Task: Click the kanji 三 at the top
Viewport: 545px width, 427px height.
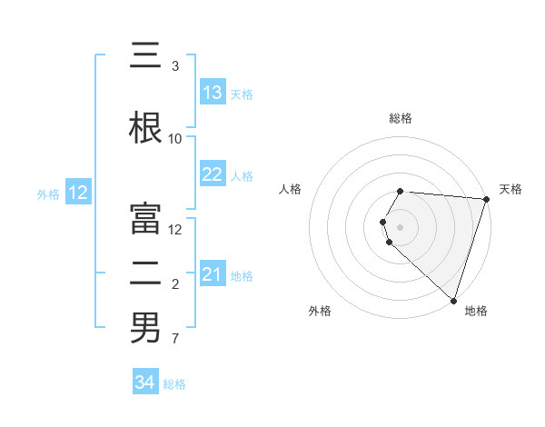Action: [x=145, y=56]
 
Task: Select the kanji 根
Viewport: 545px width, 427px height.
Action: [x=145, y=127]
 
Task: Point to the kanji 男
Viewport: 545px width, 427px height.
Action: [x=145, y=328]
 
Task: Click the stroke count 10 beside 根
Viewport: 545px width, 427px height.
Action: [x=175, y=139]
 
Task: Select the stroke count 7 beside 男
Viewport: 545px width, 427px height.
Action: [x=175, y=340]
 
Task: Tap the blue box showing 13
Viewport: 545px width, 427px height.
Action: [x=213, y=93]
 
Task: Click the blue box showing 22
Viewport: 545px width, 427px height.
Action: [x=213, y=175]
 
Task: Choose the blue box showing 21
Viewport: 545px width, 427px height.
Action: [x=213, y=274]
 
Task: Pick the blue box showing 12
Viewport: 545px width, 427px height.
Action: [x=77, y=193]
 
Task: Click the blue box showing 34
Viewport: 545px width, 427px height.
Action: [x=144, y=382]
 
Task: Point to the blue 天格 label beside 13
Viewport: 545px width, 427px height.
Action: [x=242, y=94]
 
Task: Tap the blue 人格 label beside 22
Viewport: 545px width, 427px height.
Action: [x=242, y=176]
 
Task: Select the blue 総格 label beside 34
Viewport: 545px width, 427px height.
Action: [x=174, y=384]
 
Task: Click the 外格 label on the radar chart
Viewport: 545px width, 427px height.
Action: [x=320, y=311]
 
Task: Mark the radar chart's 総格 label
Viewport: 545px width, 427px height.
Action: [x=401, y=118]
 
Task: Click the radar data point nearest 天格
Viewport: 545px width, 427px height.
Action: [x=486, y=199]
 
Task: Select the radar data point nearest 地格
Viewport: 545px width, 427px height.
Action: [x=453, y=301]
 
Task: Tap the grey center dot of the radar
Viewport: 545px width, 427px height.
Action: [x=401, y=226]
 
